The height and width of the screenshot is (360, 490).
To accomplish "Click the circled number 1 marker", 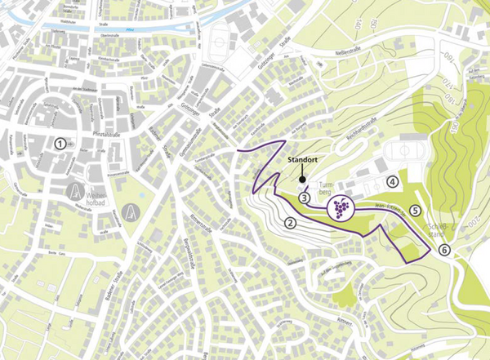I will coord(60,142).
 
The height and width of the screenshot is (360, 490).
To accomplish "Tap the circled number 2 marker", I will coord(289,222).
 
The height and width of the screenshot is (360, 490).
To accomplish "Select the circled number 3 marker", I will coord(304,197).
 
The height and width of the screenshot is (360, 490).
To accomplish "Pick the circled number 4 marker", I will coord(393,181).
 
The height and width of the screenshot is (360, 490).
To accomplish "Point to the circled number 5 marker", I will coord(416,210).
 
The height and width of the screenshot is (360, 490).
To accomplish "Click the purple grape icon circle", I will coord(341,209).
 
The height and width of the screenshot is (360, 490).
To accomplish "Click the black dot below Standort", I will coord(301,180).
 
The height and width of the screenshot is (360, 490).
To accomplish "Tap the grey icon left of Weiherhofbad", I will coord(72,193).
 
